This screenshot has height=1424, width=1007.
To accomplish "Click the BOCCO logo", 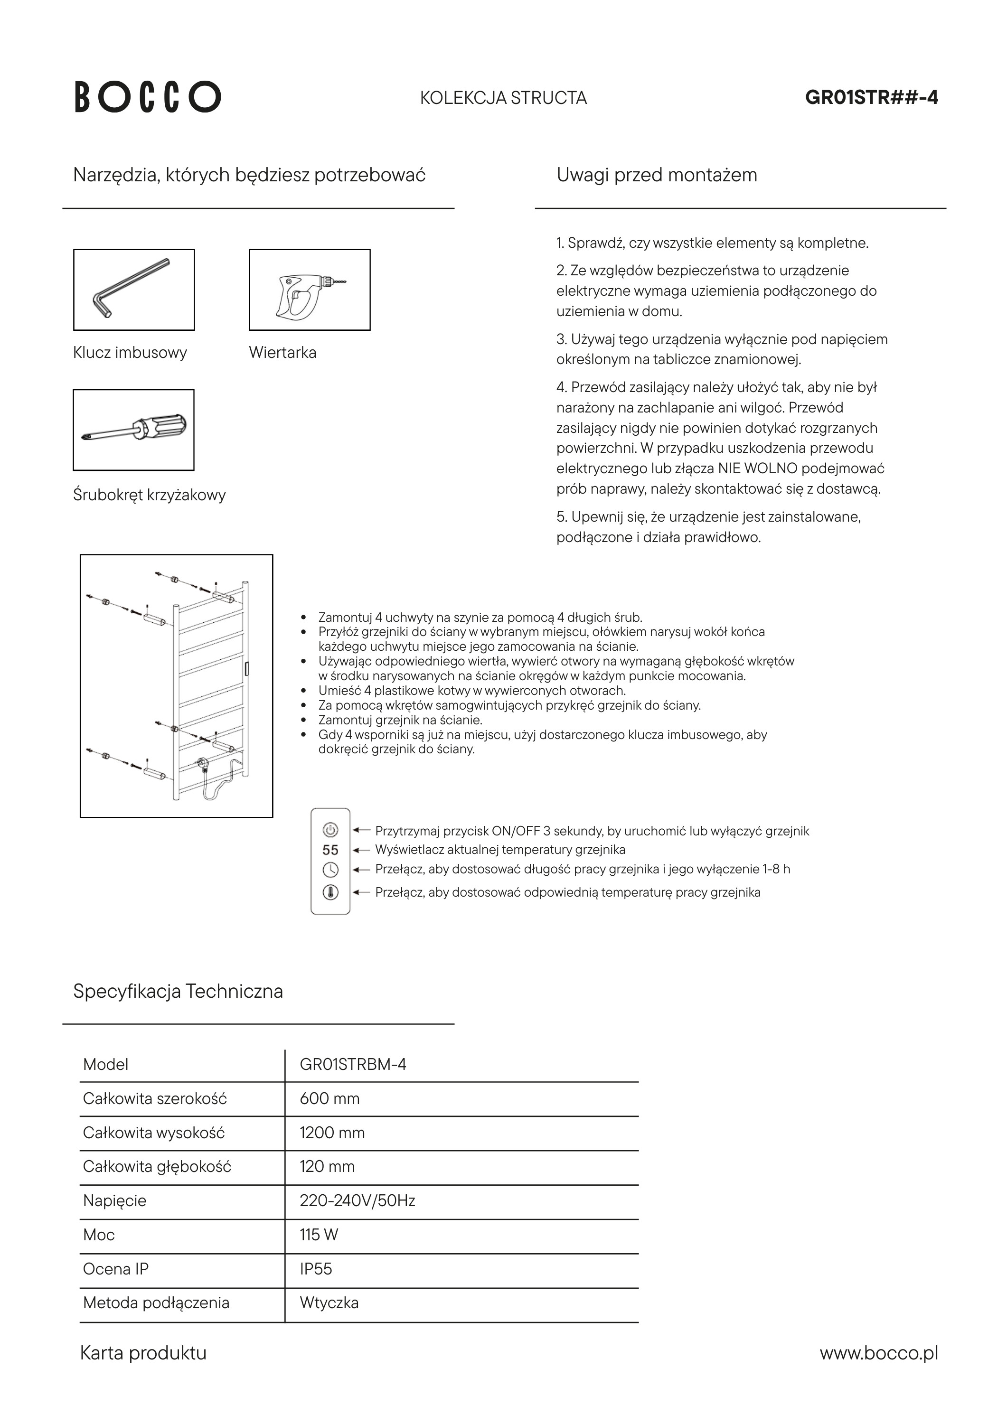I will coord(148,97).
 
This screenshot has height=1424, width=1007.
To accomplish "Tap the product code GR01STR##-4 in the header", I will coord(871,97).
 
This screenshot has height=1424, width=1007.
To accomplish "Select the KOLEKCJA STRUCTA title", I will coord(503,98).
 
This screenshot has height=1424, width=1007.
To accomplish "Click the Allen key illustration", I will coord(133,290).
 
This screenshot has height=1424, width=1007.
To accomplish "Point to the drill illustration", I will coord(310,290).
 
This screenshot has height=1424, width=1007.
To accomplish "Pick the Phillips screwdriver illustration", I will coord(133,430).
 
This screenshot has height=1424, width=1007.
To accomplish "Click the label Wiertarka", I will coord(282,353).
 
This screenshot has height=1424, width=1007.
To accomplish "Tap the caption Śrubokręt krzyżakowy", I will coord(149,495).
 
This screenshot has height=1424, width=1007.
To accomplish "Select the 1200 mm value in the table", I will coord(332,1133).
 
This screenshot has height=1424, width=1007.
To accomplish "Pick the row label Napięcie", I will coord(115,1201).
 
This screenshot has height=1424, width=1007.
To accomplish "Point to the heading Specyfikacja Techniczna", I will coord(178,991).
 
